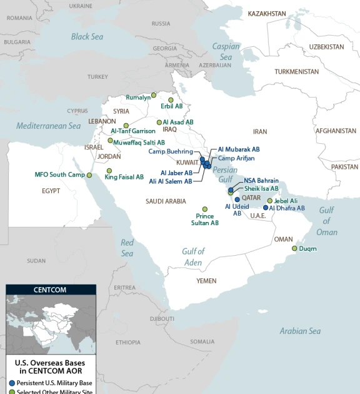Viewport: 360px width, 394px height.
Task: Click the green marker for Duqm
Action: [294, 248]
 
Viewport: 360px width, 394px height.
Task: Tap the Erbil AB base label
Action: [170, 106]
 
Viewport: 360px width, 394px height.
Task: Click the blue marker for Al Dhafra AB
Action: [266, 208]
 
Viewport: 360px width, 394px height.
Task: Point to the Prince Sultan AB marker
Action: [204, 209]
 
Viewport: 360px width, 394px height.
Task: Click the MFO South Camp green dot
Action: [89, 175]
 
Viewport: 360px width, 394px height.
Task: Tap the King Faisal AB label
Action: [124, 177]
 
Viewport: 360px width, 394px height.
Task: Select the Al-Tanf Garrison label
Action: [132, 131]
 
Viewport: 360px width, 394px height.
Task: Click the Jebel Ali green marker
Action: [270, 201]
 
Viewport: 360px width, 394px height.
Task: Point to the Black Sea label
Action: [87, 37]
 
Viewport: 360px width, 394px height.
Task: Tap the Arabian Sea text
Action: [300, 331]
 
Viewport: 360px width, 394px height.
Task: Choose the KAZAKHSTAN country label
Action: [267, 13]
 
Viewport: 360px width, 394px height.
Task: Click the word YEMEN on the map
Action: [206, 281]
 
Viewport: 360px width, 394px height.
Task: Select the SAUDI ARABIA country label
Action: [166, 201]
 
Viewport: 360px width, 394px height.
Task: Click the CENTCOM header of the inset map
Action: [50, 290]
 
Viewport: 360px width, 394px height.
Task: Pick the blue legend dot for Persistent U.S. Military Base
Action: [11, 382]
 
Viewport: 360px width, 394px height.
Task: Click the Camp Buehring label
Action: [170, 151]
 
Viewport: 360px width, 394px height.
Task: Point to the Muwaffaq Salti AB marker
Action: [110, 141]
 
